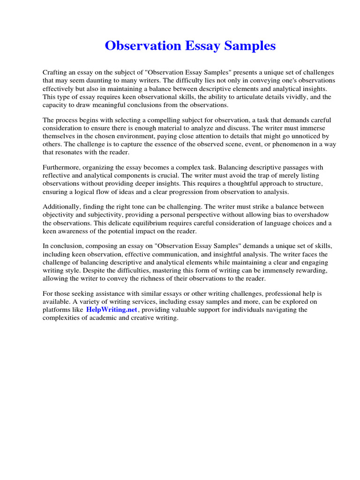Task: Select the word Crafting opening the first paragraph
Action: point(55,73)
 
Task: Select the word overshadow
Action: point(309,215)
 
